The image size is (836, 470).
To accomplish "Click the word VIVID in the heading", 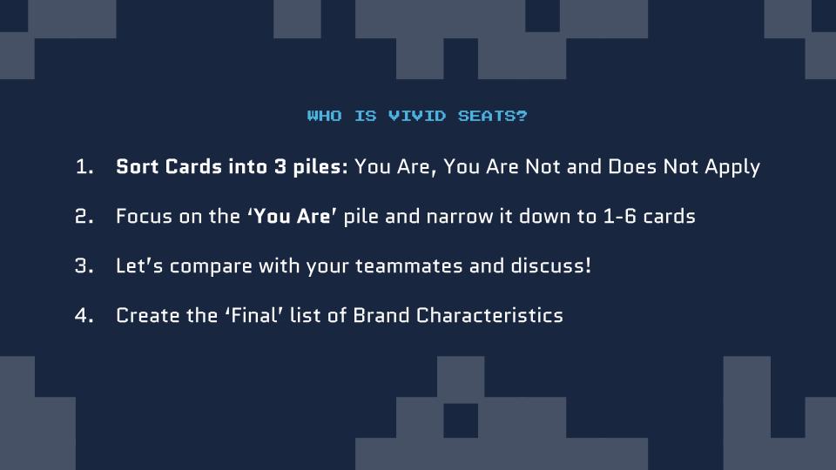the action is coord(417,116).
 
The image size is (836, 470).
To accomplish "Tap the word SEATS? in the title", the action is coord(492,116).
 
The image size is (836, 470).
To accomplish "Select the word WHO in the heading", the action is coord(324,116).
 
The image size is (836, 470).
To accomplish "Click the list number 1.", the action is coord(84,167).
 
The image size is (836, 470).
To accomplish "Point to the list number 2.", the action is coord(84,217).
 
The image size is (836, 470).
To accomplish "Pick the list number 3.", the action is coord(84,266).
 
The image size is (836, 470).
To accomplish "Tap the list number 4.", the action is coord(84,315).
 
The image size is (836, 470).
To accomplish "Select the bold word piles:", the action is coord(320,168).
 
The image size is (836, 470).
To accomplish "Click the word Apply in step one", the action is coord(732,168).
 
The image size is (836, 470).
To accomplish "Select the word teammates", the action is coord(409,266).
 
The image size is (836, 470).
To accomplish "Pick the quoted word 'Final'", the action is coord(253,315).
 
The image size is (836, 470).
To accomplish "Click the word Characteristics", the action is coord(489,315).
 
